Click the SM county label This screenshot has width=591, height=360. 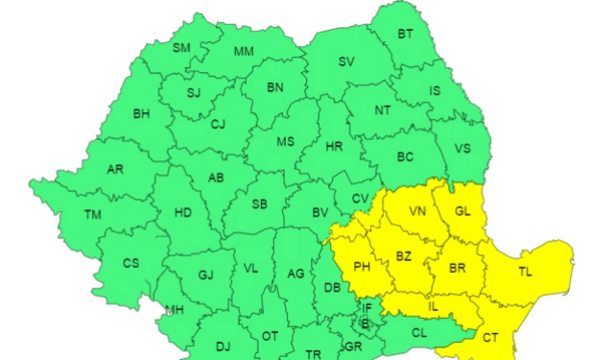182,48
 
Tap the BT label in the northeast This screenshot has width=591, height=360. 407,35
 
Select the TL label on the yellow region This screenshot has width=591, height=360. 525,272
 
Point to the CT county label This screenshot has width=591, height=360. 490,337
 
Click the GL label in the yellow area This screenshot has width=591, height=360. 463,211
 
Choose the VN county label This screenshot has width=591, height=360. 417,211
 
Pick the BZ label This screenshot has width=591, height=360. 404,256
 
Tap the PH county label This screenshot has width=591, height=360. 362,267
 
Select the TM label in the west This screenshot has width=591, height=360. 93,214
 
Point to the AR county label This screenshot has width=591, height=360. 115,169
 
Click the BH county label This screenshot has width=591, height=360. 141,114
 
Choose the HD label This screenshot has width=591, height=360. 182,212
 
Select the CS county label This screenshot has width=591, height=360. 131,263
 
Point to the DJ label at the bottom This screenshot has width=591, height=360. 223,346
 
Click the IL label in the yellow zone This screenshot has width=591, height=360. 433,306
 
